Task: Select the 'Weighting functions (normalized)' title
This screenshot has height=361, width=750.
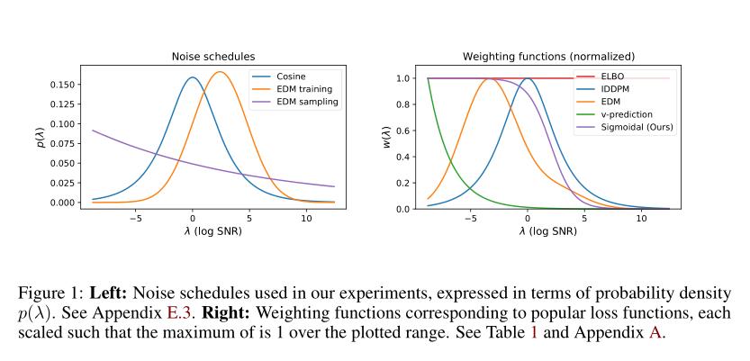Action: pyautogui.click(x=548, y=57)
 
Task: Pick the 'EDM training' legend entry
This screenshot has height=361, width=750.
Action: pyautogui.click(x=304, y=89)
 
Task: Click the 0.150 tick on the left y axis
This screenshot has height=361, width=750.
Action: pyautogui.click(x=60, y=85)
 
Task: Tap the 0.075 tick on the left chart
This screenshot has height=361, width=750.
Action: pyautogui.click(x=60, y=144)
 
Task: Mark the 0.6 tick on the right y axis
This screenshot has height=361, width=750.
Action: pyautogui.click(x=403, y=131)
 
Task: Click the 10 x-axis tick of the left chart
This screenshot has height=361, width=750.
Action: pyautogui.click(x=306, y=218)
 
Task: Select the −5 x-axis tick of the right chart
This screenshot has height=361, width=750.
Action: pyautogui.click(x=468, y=218)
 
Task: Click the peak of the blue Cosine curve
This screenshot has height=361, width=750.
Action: pyautogui.click(x=193, y=77)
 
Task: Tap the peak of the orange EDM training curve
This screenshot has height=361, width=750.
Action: pyautogui.click(x=220, y=72)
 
